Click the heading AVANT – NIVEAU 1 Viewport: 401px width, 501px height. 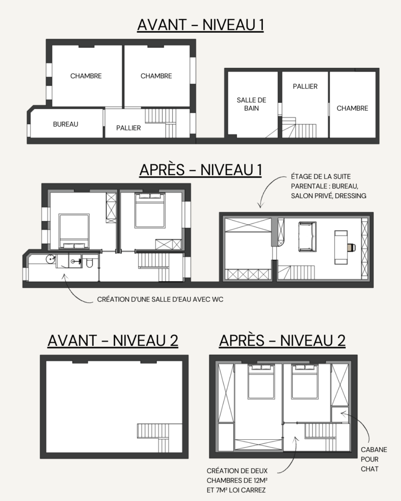(x=201, y=25)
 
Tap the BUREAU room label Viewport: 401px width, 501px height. (x=66, y=124)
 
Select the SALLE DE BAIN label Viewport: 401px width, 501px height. (x=251, y=104)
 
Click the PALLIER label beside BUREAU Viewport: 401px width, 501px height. (x=128, y=128)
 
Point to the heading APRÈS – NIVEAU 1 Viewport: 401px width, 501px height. (x=201, y=170)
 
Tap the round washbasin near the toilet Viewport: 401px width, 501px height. (x=50, y=259)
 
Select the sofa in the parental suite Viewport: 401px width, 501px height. (x=307, y=237)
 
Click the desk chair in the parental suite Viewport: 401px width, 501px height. (x=352, y=247)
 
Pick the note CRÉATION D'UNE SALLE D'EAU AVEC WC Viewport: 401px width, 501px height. (x=160, y=299)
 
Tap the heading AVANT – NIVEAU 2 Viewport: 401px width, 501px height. (x=113, y=341)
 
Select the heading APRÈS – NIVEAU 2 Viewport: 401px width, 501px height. (x=283, y=341)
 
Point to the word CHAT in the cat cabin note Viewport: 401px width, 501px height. (x=370, y=469)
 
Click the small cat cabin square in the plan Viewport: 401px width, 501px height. (x=340, y=414)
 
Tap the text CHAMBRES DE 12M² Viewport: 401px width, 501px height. (x=237, y=480)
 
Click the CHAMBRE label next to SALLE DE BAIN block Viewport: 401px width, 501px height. (x=353, y=108)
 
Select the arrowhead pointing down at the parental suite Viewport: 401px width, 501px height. (x=260, y=205)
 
